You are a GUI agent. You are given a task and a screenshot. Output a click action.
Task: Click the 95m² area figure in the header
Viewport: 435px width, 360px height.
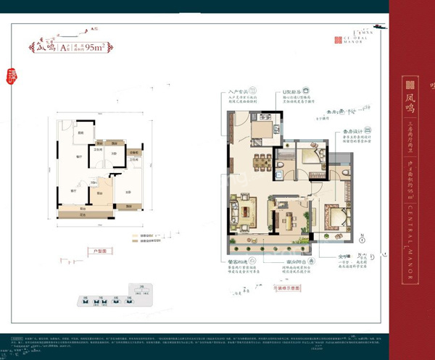pyautogui.click(x=96, y=49)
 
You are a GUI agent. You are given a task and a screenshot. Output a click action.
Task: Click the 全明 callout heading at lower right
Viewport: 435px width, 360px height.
pyautogui.click(x=344, y=256)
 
